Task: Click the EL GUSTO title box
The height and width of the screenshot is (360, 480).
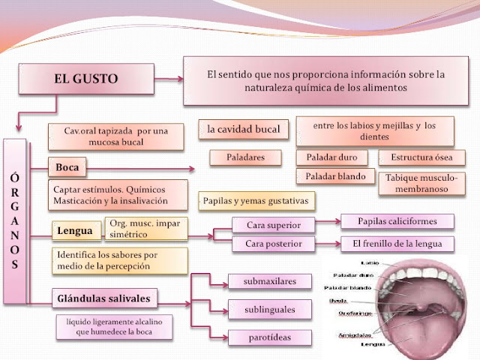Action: [x=85, y=78]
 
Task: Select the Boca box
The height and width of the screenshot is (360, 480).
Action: [x=68, y=165]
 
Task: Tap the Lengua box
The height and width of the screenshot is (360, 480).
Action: [x=75, y=231]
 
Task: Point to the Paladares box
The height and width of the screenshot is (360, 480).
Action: [x=244, y=157]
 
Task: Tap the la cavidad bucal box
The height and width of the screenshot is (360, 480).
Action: [x=243, y=130]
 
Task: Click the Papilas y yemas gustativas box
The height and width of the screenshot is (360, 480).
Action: [x=256, y=201]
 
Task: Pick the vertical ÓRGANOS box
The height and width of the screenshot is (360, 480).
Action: [x=16, y=220]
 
